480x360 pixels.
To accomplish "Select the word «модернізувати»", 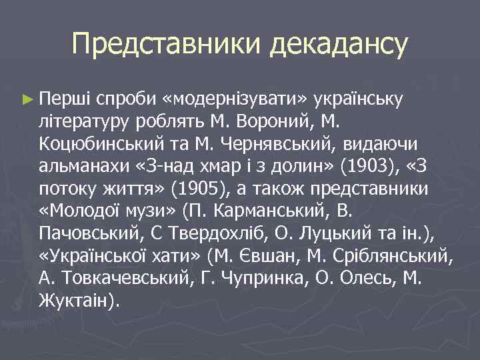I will coord(237,100).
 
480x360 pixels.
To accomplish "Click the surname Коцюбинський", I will coord(98,144).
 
